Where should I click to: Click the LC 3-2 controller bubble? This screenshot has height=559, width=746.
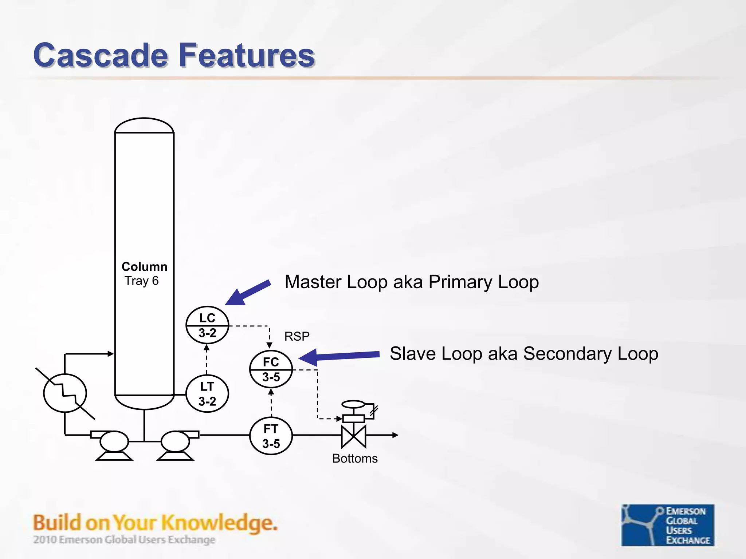tap(207, 325)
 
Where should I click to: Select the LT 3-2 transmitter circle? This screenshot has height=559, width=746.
tap(207, 394)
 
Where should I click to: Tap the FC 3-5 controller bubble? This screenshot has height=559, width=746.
tap(271, 369)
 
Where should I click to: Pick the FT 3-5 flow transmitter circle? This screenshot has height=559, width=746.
tap(271, 436)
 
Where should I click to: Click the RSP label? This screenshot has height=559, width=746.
tap(297, 336)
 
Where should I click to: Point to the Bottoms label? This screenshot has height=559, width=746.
tap(355, 459)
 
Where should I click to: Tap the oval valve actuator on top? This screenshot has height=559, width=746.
tap(353, 404)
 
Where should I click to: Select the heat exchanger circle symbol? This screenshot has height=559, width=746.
tap(65, 393)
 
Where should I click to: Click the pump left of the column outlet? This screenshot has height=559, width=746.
tap(114, 441)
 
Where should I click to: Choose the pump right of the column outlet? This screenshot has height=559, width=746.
tap(176, 441)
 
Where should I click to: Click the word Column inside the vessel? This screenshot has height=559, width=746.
tap(144, 267)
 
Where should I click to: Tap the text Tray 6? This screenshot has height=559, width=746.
tap(142, 281)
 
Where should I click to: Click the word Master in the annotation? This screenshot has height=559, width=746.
tap(313, 282)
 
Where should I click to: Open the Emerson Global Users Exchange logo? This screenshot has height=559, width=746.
tap(668, 525)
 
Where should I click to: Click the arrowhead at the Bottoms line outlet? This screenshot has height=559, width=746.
tap(395, 435)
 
